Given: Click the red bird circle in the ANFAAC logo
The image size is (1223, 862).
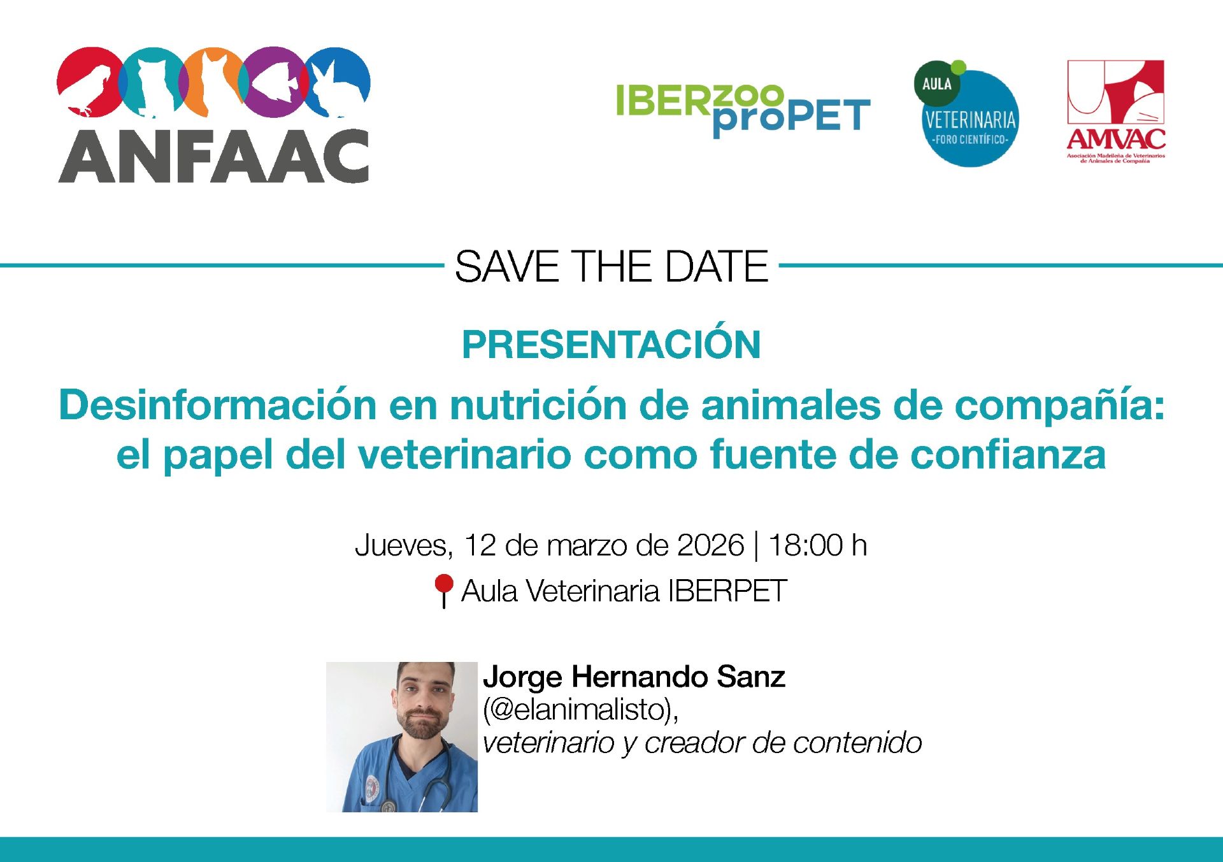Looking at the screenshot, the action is point(90,82).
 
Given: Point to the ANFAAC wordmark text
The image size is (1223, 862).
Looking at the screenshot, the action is point(213,157).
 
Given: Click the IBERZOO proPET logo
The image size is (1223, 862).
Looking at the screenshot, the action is point(743,110).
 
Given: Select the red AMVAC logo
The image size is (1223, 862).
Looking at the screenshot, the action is point(1116,111).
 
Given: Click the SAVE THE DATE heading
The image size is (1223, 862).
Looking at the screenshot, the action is point(611,266).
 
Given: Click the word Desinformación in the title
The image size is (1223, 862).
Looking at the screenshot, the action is point(218,405).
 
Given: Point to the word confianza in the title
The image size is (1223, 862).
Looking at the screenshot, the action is point(1008,455).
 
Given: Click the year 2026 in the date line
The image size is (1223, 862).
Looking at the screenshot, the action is point(710,545).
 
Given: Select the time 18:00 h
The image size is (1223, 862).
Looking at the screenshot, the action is point(818,545).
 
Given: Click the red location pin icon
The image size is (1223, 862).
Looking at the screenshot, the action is point(443,591).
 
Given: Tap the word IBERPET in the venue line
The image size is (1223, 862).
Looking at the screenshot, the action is point(727,591).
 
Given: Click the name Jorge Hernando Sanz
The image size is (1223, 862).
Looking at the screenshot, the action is point(634,677).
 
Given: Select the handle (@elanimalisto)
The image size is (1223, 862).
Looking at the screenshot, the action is point(580,710).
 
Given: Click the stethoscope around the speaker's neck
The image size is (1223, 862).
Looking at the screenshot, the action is point(417,774).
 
